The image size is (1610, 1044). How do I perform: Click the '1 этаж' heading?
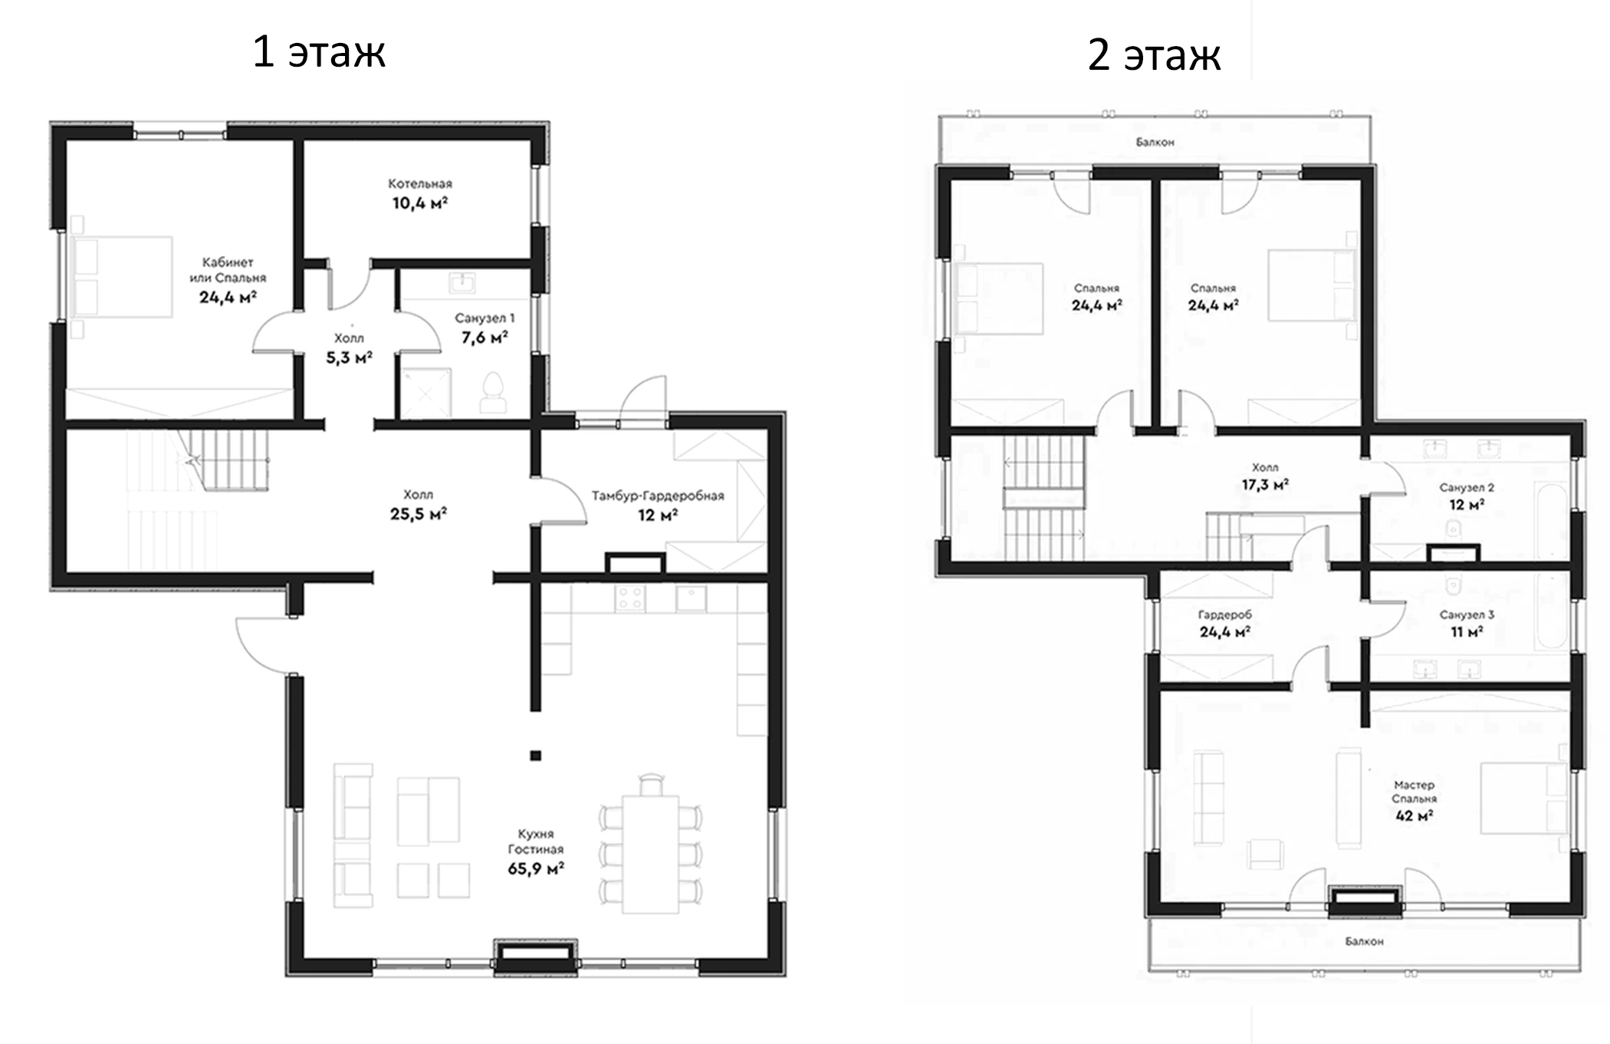(319, 52)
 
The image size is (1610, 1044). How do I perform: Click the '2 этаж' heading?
(1154, 55)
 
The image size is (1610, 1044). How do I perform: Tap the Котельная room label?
(420, 184)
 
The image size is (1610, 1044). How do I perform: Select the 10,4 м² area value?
(420, 203)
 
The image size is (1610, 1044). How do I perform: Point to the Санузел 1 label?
(485, 318)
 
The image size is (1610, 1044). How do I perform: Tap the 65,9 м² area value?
(536, 868)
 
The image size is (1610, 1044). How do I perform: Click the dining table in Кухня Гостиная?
(650, 855)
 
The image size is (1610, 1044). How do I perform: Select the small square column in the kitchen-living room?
(535, 756)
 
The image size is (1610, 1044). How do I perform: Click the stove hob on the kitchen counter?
(630, 598)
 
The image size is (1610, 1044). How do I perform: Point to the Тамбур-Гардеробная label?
(658, 496)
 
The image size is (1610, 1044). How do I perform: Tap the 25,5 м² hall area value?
(419, 514)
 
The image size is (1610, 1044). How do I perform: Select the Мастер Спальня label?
(1414, 792)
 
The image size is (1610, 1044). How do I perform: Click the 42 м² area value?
(1414, 815)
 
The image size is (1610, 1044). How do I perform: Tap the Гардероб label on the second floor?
(1225, 614)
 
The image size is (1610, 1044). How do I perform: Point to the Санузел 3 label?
(1467, 614)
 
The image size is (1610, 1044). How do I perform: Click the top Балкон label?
(1155, 142)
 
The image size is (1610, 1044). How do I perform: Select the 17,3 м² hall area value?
(1265, 485)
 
